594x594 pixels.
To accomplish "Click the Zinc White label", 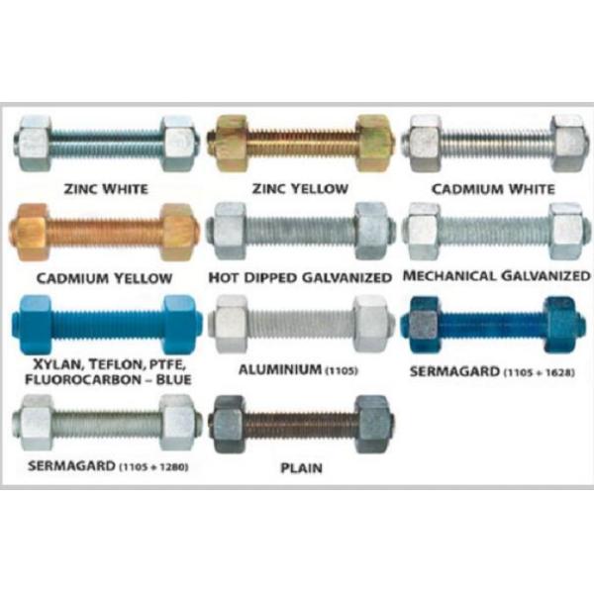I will coord(105,186).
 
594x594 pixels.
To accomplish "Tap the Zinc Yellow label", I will coord(302,186).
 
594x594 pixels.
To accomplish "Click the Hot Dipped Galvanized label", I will coord(301,276).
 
